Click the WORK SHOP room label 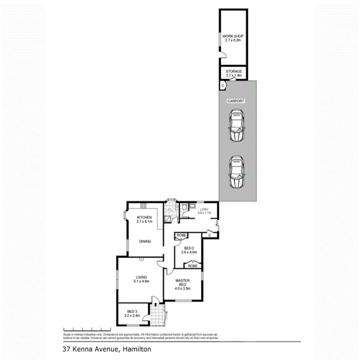coord(233,36)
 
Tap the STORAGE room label coord(234,71)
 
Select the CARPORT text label coord(236,101)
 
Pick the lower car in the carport coord(236,172)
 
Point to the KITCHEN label coord(144,217)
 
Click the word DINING coord(145,241)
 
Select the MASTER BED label coord(182,282)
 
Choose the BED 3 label coord(132,312)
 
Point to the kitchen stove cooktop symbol coord(143,205)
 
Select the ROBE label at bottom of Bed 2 coord(193,266)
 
